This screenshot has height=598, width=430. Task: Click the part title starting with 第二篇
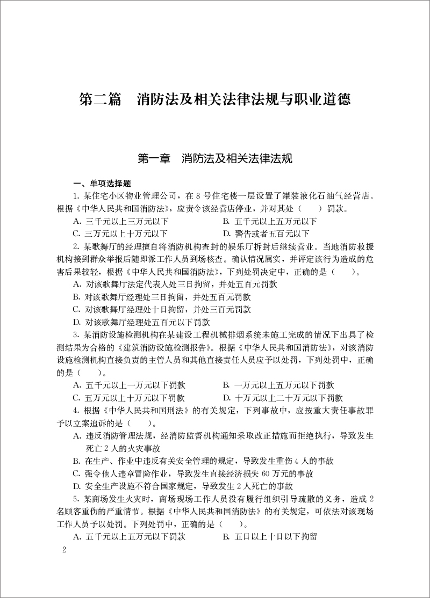[x=215, y=100]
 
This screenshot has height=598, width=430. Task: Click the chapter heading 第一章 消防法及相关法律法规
[x=215, y=158]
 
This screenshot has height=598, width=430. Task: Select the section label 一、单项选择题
[x=102, y=183]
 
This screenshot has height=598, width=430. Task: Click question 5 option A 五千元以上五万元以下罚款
[x=128, y=536]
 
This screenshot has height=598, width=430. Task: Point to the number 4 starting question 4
[x=76, y=411]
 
